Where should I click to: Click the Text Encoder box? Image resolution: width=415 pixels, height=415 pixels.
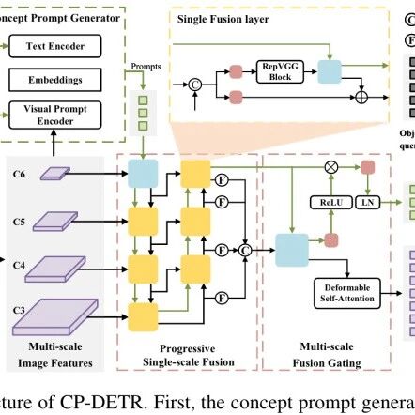click(55, 46)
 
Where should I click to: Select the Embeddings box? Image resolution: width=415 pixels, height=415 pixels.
click(55, 80)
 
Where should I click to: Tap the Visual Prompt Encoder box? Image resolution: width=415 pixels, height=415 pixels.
click(55, 115)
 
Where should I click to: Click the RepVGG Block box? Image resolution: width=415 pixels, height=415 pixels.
click(280, 71)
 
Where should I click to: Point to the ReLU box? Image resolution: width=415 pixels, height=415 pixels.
click(331, 203)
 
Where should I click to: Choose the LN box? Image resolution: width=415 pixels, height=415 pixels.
click(368, 203)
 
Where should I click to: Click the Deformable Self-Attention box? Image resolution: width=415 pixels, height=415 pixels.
click(347, 293)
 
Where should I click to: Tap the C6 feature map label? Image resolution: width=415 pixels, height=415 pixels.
click(19, 174)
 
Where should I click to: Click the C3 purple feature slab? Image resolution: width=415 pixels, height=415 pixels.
click(55, 316)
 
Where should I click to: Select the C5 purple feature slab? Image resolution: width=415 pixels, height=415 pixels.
click(55, 222)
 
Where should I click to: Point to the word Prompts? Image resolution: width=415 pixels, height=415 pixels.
click(146, 67)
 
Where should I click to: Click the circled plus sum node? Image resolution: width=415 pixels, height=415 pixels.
click(361, 98)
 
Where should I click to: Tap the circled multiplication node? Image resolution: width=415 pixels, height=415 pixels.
click(331, 167)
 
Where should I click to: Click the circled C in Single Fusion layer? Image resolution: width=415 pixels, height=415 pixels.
click(195, 85)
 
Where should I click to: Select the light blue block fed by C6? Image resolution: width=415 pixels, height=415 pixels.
click(143, 174)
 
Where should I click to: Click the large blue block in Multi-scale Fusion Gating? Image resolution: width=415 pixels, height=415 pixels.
click(292, 250)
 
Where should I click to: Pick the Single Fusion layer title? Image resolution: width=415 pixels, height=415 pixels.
click(223, 19)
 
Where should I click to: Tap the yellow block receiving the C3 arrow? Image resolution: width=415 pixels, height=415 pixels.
click(143, 317)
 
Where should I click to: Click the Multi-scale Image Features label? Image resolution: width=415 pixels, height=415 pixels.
click(55, 355)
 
